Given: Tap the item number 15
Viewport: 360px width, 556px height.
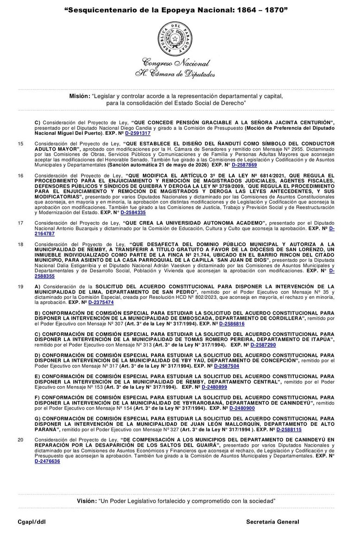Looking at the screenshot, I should click(20, 144).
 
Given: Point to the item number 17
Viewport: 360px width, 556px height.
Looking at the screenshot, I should click(20, 223).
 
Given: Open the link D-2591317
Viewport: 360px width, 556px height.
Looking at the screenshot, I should click(138, 133).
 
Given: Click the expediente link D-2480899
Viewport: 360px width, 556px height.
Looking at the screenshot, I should click(214, 386).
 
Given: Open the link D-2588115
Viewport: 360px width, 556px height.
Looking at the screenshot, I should click(293, 429).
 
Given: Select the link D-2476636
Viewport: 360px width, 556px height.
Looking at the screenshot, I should click(47, 461).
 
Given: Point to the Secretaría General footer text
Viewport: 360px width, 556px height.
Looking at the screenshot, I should click(272, 522).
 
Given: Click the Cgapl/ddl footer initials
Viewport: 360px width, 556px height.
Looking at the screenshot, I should click(32, 522).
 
